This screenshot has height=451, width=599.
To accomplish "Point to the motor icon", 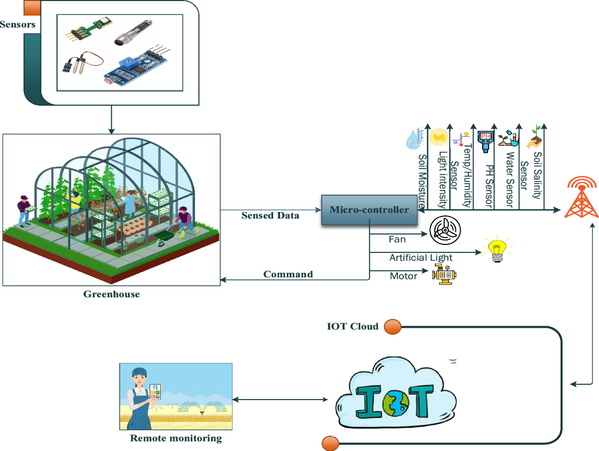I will pos(444,275).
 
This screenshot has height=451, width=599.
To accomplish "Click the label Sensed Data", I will pos(270,216).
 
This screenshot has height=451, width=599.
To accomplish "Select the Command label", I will pos(288,274).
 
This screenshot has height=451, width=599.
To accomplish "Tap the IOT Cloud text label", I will pos(352,327).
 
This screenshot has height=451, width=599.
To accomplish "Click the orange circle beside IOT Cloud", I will pos(392,327).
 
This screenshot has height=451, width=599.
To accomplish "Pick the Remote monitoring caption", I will pos(176,439).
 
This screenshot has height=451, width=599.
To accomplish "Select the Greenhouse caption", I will pos(111,294).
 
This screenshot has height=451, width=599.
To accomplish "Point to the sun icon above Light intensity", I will pos(439,136).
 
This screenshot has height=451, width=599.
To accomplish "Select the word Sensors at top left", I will pos(17,24).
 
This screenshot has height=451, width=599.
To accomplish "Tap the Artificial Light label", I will pos(421,257).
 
